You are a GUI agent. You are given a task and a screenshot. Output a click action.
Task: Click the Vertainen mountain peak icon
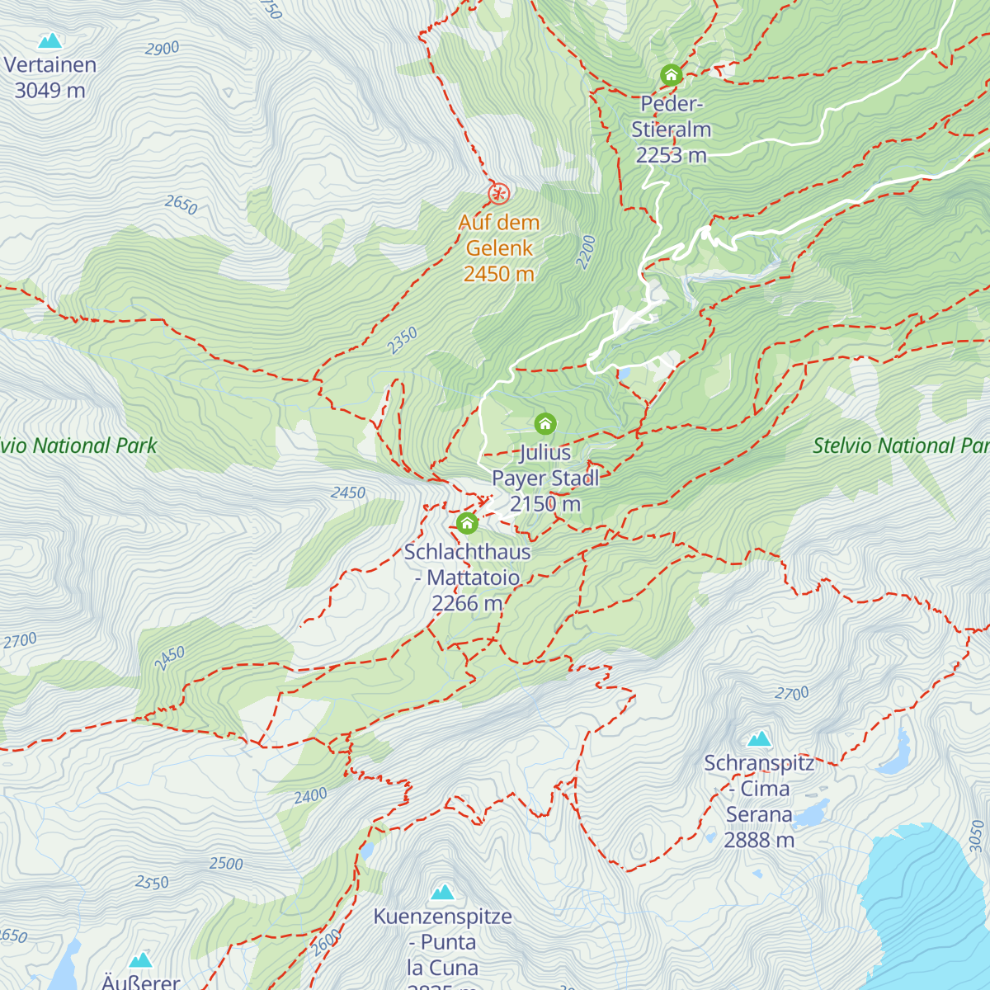click(50, 40)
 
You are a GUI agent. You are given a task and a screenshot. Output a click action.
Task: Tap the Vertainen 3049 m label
click(50, 78)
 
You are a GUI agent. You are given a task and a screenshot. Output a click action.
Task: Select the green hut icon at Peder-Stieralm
click(671, 75)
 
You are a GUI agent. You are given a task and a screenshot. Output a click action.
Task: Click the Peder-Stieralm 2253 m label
click(671, 130)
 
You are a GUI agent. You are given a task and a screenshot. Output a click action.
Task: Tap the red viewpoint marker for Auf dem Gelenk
click(498, 194)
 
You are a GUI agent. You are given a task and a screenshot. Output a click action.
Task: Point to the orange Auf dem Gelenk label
click(499, 247)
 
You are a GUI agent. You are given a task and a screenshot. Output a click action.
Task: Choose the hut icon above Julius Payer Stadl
click(544, 424)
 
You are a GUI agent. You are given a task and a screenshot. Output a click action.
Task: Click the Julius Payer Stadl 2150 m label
click(545, 478)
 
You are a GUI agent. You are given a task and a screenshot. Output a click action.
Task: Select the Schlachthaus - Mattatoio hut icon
click(467, 523)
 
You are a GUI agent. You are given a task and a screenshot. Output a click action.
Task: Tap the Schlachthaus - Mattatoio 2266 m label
click(467, 577)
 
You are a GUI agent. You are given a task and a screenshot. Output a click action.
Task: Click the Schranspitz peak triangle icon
click(759, 738)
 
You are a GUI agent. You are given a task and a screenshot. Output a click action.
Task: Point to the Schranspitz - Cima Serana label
click(759, 801)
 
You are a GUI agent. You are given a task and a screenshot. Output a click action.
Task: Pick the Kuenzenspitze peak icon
click(443, 891)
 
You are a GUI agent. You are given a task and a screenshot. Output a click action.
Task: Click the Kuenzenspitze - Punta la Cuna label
click(443, 942)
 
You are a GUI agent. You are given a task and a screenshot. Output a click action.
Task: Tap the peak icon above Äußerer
click(141, 959)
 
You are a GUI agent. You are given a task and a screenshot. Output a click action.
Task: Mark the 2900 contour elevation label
click(162, 49)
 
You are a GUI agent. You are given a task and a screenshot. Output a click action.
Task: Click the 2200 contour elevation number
click(586, 252)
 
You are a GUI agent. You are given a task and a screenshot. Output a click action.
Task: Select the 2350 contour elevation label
click(403, 341)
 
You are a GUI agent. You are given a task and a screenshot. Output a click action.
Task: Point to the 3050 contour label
click(977, 836)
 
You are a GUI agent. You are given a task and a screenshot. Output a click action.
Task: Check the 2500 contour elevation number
click(225, 864)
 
